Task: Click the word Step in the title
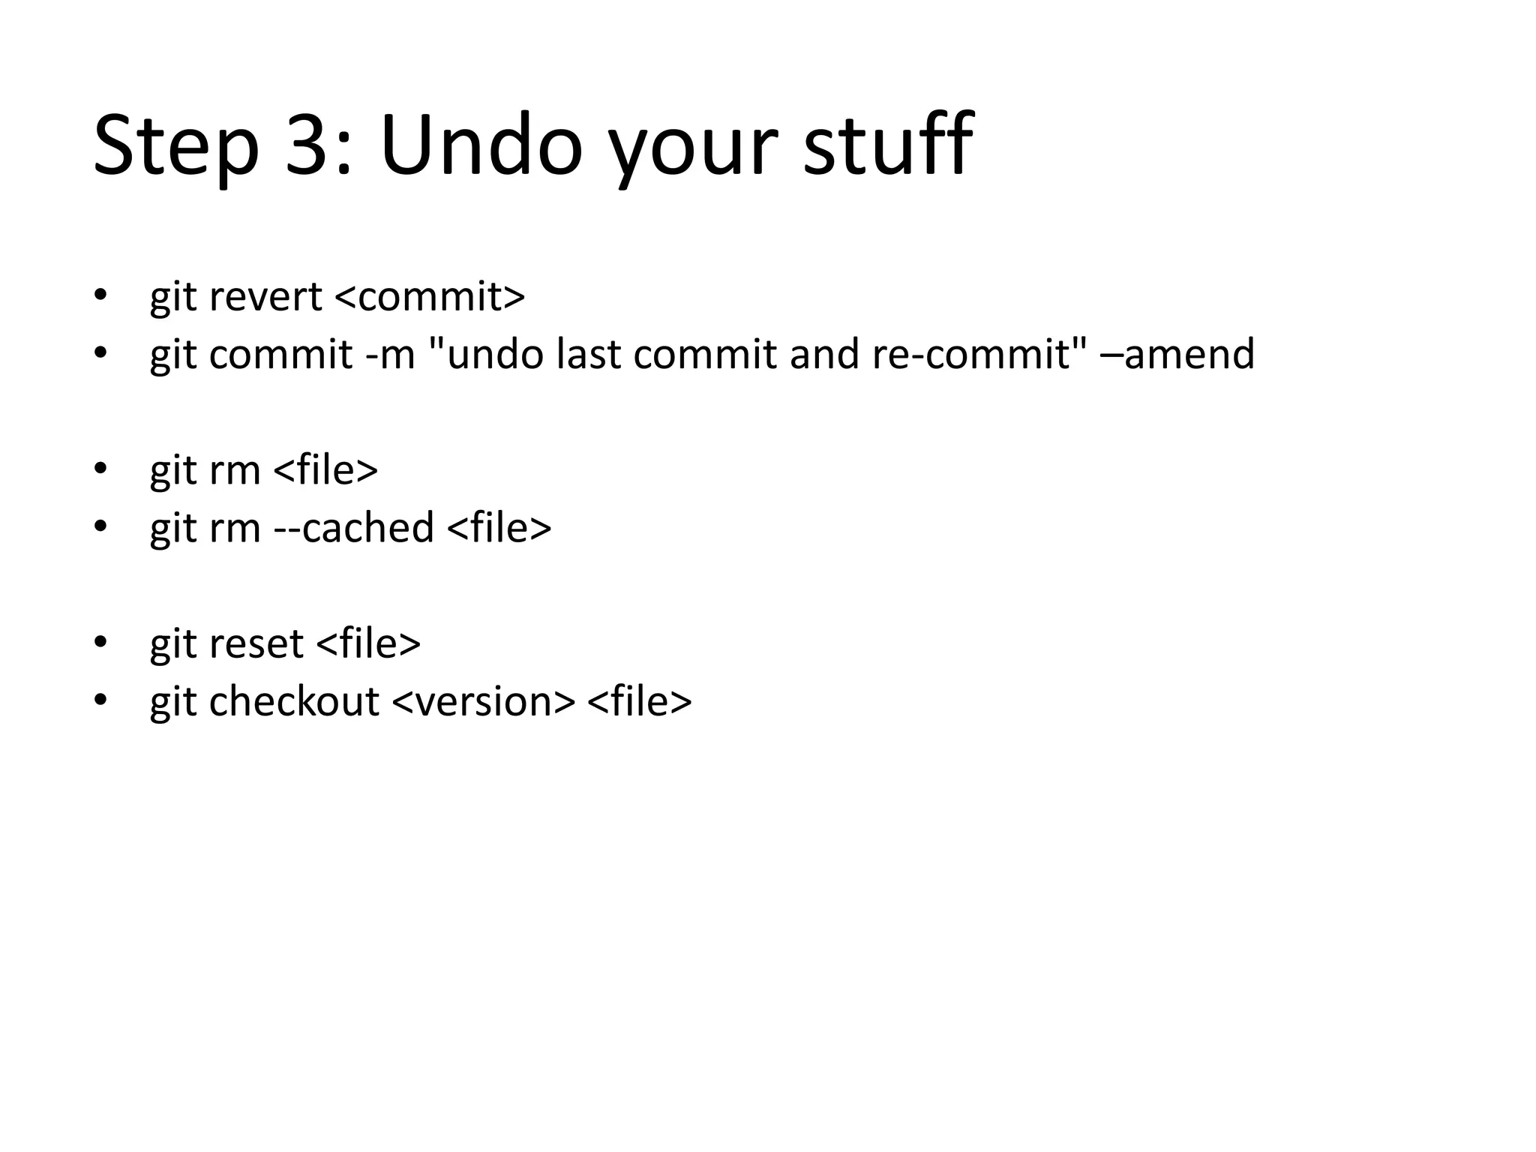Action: [176, 145]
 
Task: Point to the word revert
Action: [265, 296]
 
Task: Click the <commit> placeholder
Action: [430, 296]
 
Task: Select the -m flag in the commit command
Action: [390, 354]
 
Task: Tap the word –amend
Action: [1177, 354]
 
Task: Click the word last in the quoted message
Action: [589, 354]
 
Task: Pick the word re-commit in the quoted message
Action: [979, 354]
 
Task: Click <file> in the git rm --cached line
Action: [499, 527]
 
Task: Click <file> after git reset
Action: [369, 643]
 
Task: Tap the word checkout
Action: [294, 701]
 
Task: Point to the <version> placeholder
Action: [484, 701]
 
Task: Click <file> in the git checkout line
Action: [640, 701]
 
